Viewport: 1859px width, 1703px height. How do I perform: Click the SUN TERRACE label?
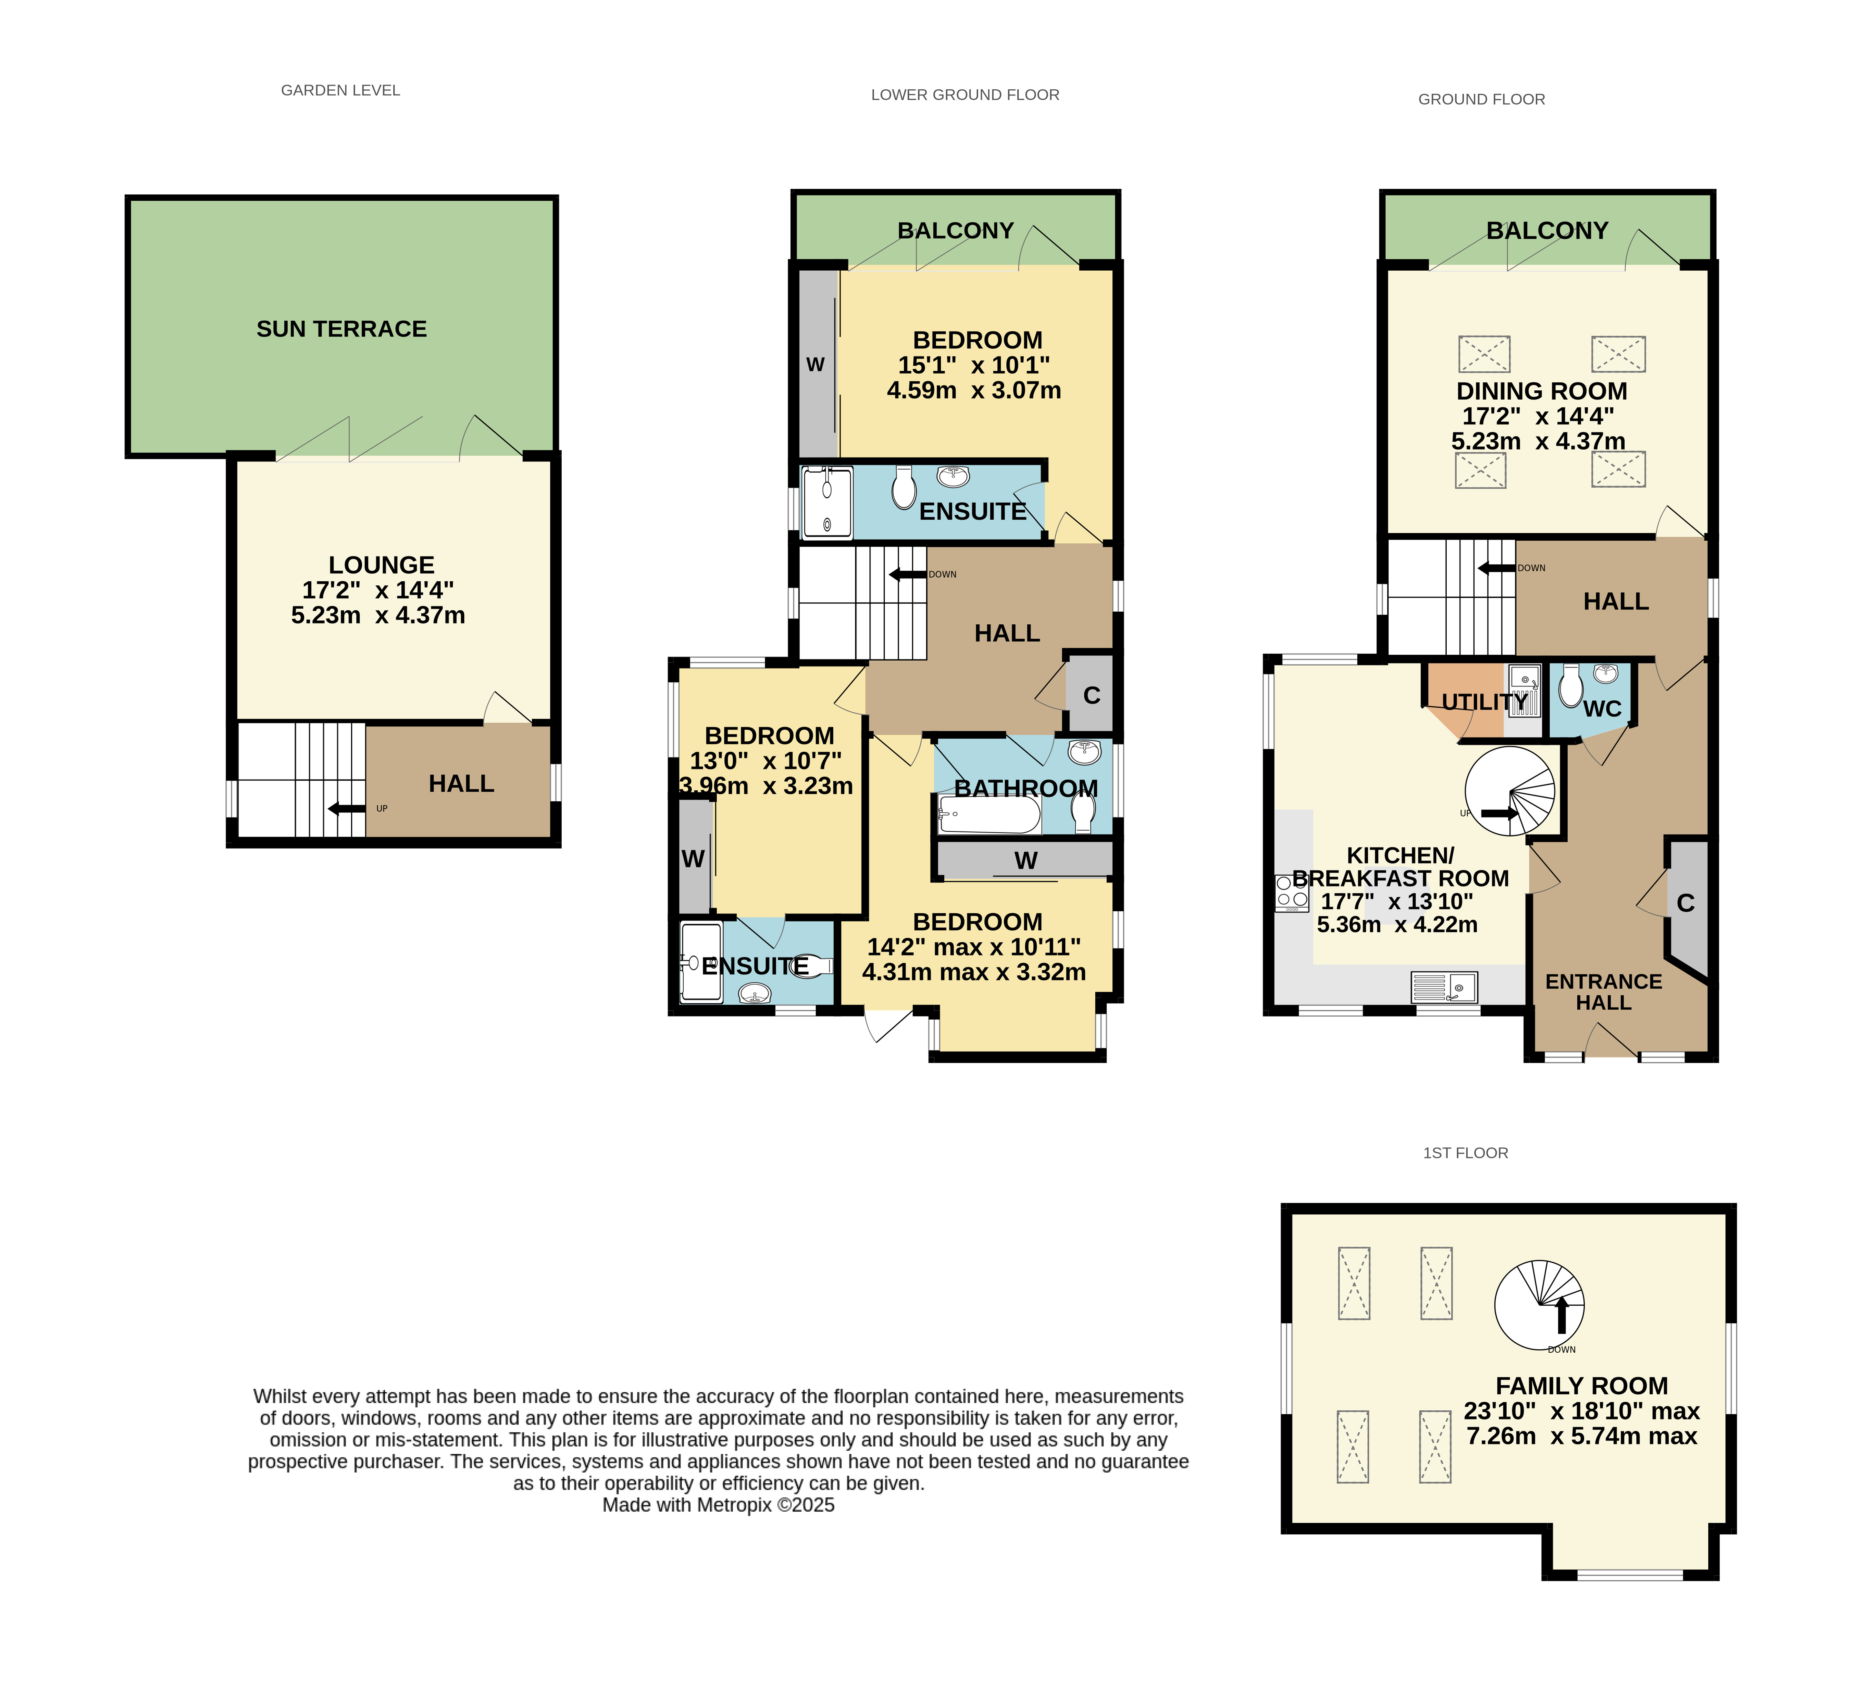pyautogui.click(x=341, y=329)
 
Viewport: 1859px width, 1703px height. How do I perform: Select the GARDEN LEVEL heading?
pyautogui.click(x=340, y=90)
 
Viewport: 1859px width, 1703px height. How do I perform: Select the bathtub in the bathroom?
pyautogui.click(x=989, y=815)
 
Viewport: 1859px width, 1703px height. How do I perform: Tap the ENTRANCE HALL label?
pyautogui.click(x=1604, y=992)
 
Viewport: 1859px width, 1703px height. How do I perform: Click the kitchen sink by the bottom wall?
pyautogui.click(x=1444, y=988)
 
